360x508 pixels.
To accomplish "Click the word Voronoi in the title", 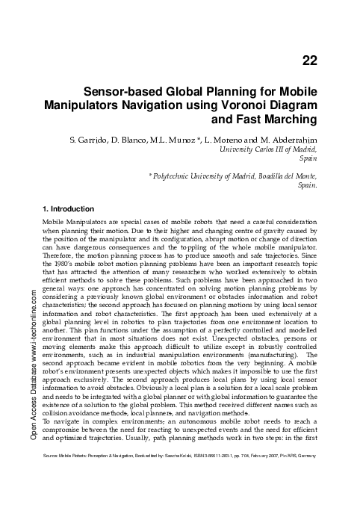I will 242,105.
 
